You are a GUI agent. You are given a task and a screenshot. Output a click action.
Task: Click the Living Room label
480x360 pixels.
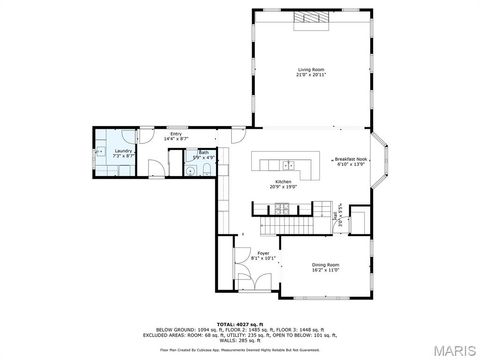[x=312, y=68]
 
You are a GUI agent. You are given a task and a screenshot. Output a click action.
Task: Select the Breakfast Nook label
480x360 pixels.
[x=351, y=159]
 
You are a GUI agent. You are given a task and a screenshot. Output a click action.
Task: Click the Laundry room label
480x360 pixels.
[x=124, y=152]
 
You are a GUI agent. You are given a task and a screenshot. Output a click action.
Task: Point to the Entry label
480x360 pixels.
[x=176, y=133]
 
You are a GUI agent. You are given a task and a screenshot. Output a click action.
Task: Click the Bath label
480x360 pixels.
[x=203, y=153]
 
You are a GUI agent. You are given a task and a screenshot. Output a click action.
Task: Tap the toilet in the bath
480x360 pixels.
[x=206, y=170]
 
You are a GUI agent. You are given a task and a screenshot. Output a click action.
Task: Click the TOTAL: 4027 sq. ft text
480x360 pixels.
[x=240, y=324]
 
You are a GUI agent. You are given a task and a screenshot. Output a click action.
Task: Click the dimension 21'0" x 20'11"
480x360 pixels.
[x=312, y=74]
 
